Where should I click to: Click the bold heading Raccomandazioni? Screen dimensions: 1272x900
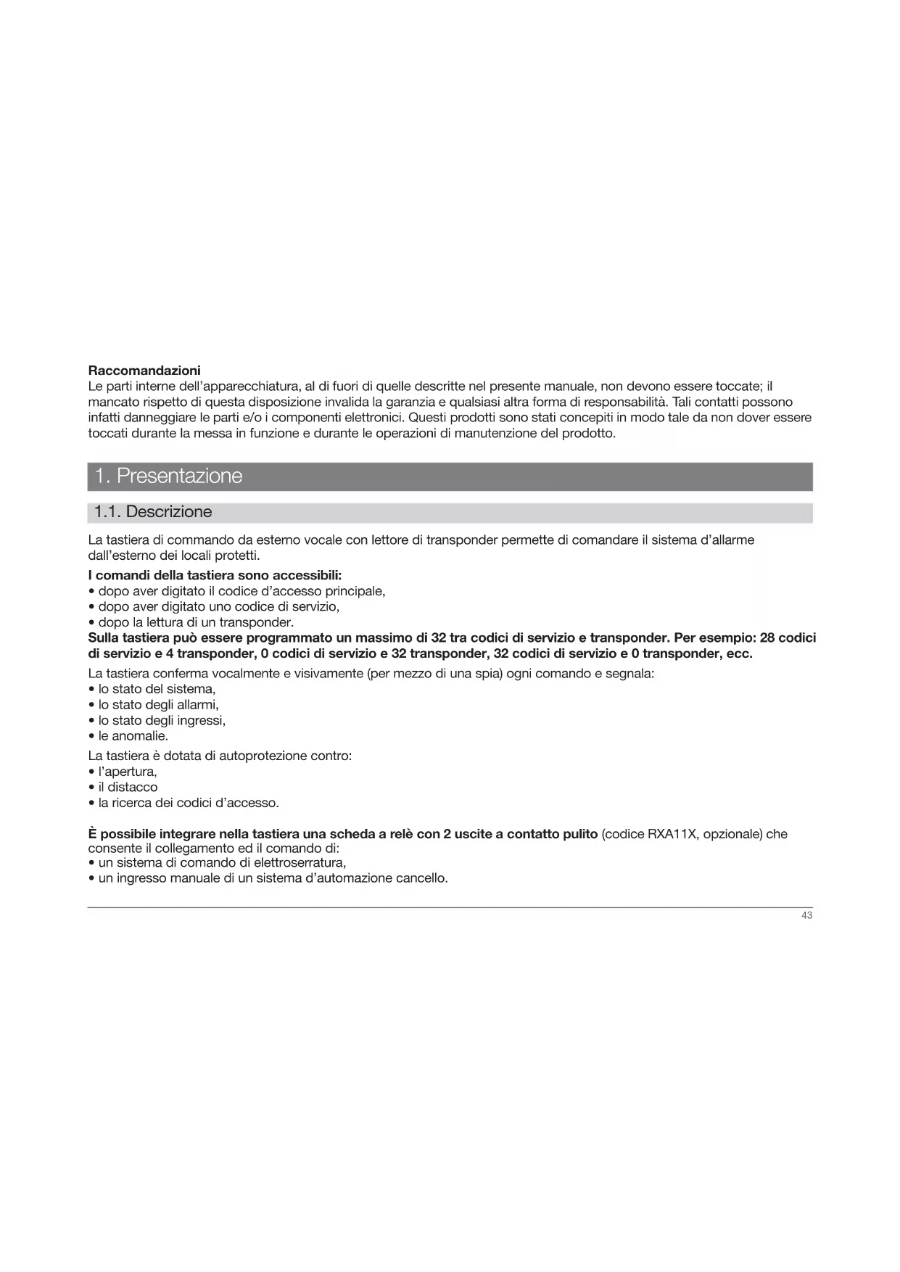tap(144, 371)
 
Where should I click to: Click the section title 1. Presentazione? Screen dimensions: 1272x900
tap(168, 476)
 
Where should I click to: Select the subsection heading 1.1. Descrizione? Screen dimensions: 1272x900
tap(153, 512)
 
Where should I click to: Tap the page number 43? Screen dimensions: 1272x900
tap(806, 916)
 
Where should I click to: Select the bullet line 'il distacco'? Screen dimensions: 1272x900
tap(128, 788)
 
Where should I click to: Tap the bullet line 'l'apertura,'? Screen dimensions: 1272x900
tap(128, 772)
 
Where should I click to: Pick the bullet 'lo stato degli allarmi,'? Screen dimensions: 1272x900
tap(158, 705)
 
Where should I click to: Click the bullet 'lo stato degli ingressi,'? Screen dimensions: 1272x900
tap(162, 721)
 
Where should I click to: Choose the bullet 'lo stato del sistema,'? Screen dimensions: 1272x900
tap(157, 689)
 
